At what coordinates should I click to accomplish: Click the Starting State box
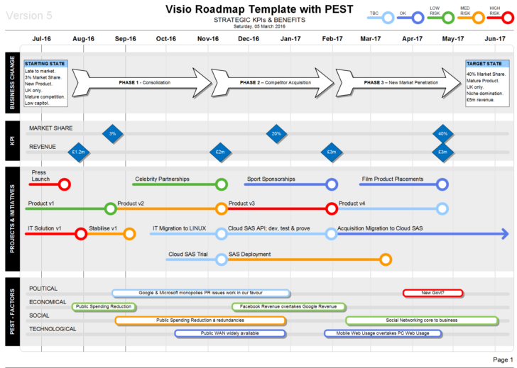(46, 83)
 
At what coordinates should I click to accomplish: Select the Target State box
(486, 83)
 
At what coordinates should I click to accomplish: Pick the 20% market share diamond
(276, 133)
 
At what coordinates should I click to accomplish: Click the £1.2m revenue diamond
(78, 151)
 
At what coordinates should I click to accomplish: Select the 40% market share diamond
(443, 133)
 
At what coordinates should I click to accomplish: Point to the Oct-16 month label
(166, 39)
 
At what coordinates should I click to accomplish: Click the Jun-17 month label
(495, 39)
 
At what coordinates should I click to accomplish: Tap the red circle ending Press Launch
(65, 185)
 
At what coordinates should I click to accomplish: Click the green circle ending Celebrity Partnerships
(222, 185)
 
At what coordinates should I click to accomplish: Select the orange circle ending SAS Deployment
(386, 260)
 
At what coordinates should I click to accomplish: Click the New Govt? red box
(432, 293)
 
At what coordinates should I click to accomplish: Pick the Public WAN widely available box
(229, 333)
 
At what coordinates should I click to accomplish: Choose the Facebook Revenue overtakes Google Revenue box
(288, 307)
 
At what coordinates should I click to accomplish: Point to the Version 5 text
(29, 15)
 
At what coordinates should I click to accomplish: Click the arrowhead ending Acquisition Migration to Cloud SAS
(504, 234)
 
